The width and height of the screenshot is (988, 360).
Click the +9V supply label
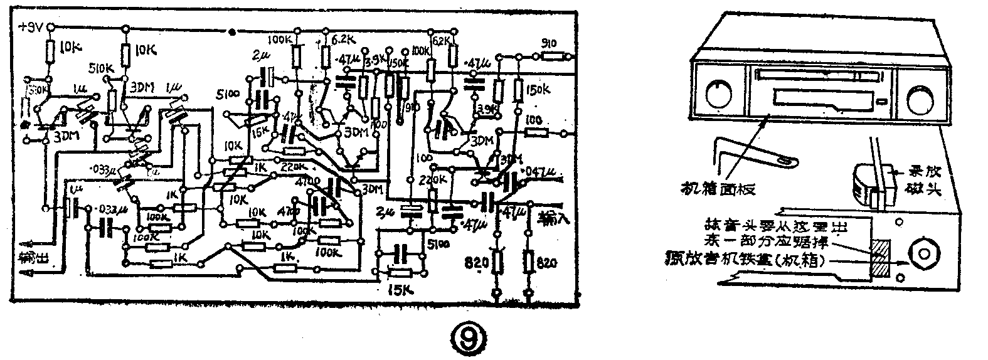(x=31, y=27)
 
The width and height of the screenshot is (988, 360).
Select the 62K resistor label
(x=441, y=41)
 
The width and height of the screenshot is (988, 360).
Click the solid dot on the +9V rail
(x=233, y=30)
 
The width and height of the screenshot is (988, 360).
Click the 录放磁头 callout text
(x=926, y=181)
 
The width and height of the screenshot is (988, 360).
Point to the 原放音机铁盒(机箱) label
(x=752, y=257)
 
